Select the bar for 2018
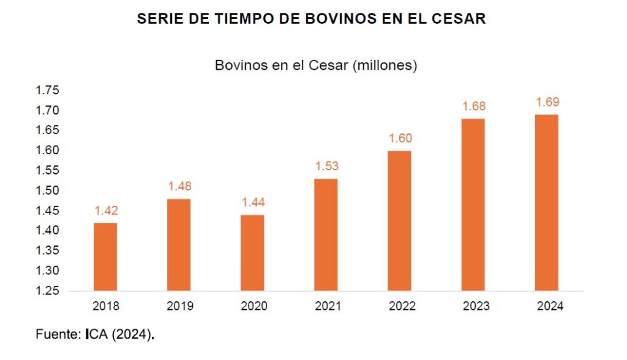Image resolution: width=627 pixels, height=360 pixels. coord(105,257)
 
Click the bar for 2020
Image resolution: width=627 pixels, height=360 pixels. coord(252,252)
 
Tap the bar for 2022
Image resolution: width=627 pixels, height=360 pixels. coord(400,220)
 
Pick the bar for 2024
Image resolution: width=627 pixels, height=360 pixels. coord(547,202)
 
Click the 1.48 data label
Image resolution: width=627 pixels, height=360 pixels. coord(179,187)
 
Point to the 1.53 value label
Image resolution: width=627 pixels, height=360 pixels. coord(326,166)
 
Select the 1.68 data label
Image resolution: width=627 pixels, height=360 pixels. coord(473,107)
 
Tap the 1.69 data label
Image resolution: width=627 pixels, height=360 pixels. coord(547,102)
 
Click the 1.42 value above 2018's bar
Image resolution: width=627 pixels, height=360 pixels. coord(105,211)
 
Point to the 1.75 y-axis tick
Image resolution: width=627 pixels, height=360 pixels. coord(47,91)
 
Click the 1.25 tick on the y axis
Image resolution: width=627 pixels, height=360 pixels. coord(47,291)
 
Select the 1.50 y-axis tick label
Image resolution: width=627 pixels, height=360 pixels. coord(47,190)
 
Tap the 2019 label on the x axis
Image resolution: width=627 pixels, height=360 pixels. coord(179,306)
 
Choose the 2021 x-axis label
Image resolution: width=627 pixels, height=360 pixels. coord(326,306)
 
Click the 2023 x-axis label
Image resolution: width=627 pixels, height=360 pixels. coord(473,306)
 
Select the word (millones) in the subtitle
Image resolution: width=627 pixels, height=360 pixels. coord(385,66)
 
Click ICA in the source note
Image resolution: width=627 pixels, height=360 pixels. coord(97,336)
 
